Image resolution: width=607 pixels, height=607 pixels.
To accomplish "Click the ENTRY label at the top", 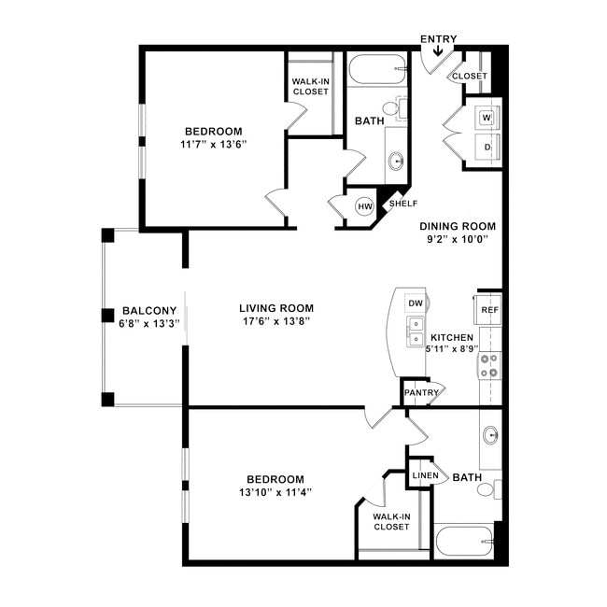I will pos(438,38).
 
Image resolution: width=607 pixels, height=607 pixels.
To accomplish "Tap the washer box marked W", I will pos(487,118).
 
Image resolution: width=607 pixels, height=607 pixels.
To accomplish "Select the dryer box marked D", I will pos(487,147).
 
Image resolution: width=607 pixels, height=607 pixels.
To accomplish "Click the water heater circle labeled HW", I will pos(364,205).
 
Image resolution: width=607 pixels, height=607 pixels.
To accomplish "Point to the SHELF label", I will pos(402,204).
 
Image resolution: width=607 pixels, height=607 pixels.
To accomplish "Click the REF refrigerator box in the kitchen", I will pos(489,309).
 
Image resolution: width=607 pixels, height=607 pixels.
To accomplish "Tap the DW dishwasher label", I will pos(416,303).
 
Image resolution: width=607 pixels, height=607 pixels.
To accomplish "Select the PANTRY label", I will pos(421,392).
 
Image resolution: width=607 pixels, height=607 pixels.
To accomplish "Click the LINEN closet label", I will pos(425,475).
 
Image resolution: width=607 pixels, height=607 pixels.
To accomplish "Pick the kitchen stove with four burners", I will pos(490,366).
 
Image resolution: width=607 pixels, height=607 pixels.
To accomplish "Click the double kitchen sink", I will pos(416,331).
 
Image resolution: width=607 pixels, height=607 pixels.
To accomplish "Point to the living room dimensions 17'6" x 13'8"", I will pos(275,321).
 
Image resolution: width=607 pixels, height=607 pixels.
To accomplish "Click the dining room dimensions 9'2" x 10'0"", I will pos(457,239).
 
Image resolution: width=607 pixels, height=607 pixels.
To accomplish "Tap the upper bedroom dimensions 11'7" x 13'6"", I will pos(213,145).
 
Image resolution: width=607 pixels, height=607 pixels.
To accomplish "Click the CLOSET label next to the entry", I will pos(469,77).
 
